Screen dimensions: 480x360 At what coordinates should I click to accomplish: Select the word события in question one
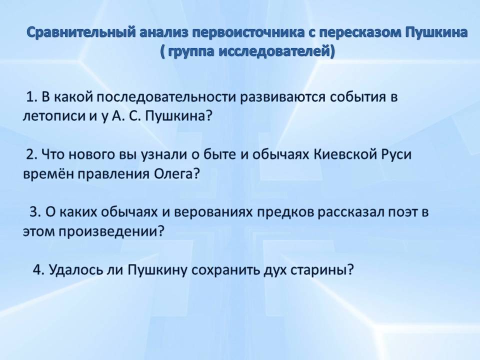pyautogui.click(x=358, y=97)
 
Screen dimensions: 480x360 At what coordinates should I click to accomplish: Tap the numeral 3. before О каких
pyautogui.click(x=35, y=212)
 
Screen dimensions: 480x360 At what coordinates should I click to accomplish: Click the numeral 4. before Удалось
pyautogui.click(x=38, y=269)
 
